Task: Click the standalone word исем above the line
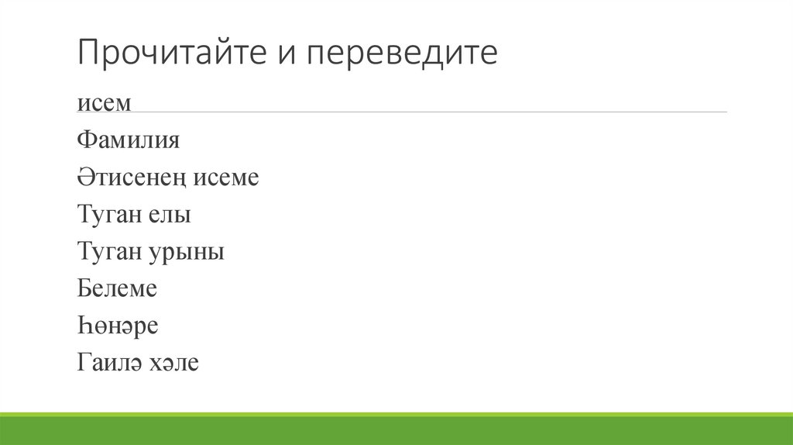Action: pos(104,104)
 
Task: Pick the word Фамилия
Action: pos(129,141)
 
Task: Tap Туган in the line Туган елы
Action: pos(109,215)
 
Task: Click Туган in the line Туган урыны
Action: pos(109,252)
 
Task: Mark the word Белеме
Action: pos(117,289)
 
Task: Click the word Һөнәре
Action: pos(118,326)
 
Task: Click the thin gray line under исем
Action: pos(403,112)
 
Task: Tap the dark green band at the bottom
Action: pos(396,431)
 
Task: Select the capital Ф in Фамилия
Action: pos(84,141)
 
